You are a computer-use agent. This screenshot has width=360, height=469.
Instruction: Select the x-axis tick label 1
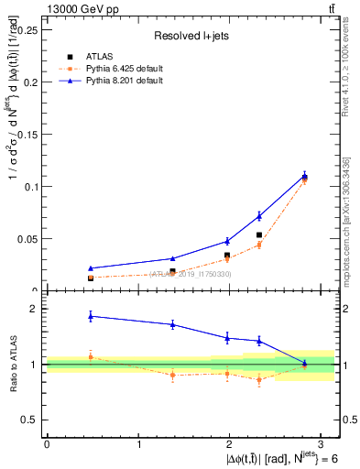pos(139,443)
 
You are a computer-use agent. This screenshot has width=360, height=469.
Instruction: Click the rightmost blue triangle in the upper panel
pos(305,176)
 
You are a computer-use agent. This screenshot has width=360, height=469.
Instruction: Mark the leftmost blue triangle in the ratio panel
pos(90,316)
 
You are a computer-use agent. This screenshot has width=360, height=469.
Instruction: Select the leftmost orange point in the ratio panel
pos(90,356)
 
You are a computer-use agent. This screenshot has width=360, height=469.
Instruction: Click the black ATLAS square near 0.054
pos(259,235)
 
